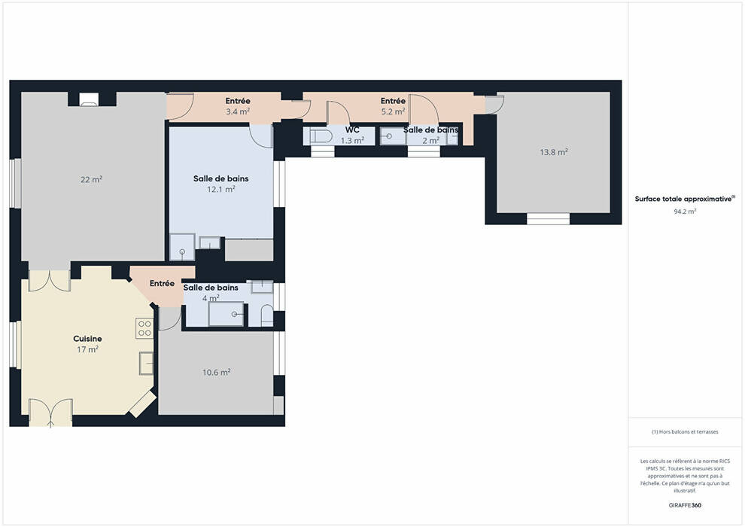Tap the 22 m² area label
coord(91,179)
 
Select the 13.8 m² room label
coord(554,152)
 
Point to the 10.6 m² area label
coord(216,372)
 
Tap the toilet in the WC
coord(321,136)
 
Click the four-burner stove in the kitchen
coord(144,328)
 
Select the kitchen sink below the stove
coord(146,364)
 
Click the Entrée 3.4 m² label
coord(238,106)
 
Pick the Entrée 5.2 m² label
coord(393,106)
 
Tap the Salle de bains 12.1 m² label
coord(221,184)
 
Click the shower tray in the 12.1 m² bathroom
coord(182,247)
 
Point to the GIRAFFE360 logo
coord(685,505)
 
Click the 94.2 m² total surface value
coord(685,212)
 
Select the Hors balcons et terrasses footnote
coord(685,432)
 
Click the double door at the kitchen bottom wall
coord(50,413)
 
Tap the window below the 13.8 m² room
coord(548,218)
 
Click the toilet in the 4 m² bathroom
coord(267,315)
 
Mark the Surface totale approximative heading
coord(685,199)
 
